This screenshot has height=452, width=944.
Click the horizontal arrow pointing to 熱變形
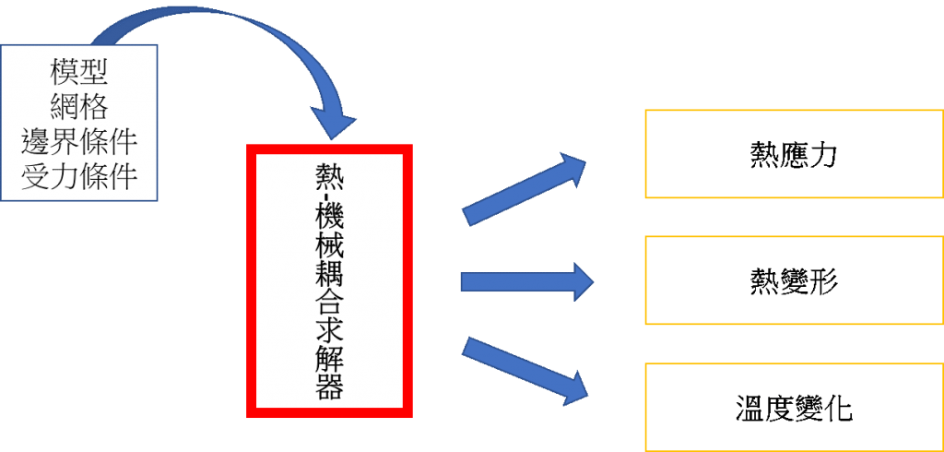pos(526,280)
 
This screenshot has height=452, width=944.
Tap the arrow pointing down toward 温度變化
pos(525,368)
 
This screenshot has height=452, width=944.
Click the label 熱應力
pos(794,154)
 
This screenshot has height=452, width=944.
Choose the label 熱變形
pos(794,280)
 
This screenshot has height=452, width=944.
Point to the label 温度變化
pos(794,407)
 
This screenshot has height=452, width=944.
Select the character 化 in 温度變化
pos(838,407)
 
